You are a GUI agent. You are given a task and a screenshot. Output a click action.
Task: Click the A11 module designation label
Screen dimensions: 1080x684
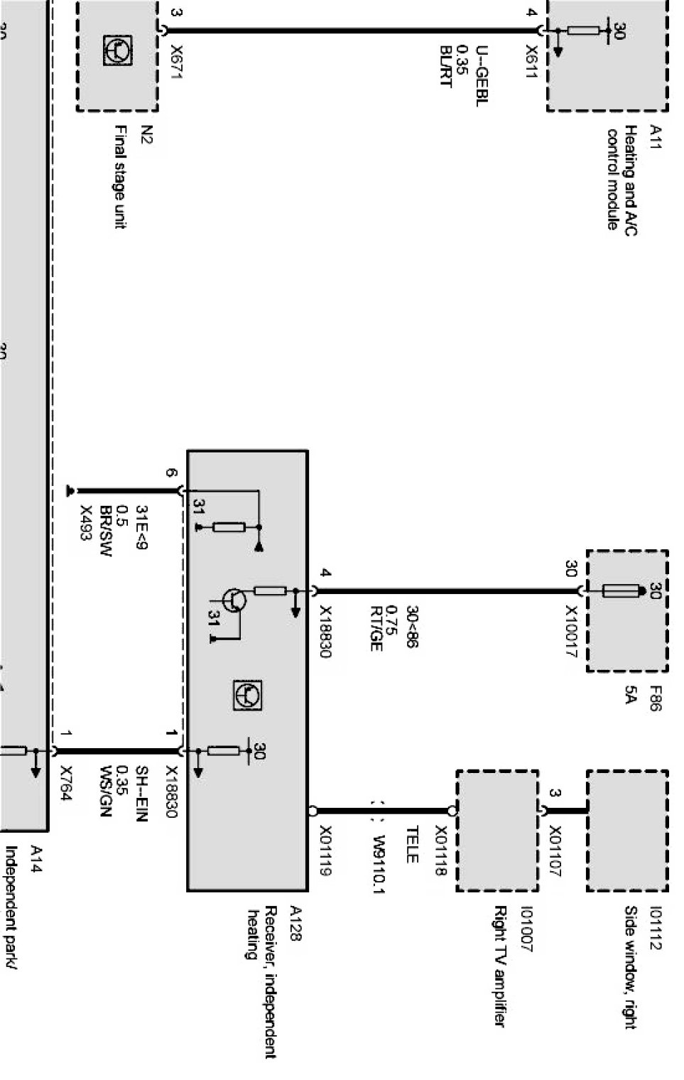pyautogui.click(x=655, y=136)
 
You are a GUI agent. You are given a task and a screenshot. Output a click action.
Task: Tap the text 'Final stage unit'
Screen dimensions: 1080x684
pyautogui.click(x=121, y=177)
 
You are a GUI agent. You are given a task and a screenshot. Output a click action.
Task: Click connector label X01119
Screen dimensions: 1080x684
pyautogui.click(x=326, y=850)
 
